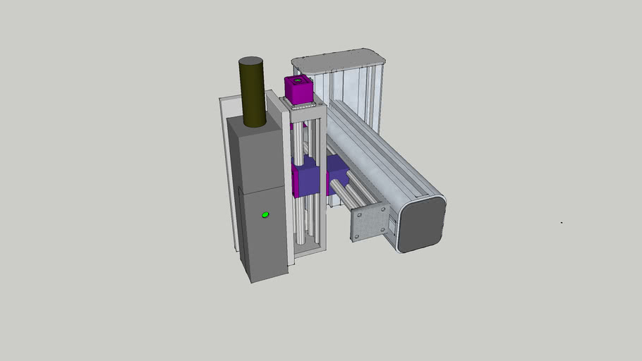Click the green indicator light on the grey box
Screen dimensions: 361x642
265,214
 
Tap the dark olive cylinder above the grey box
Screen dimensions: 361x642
252,95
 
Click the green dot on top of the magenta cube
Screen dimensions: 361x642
298,80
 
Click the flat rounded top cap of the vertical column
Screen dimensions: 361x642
339,61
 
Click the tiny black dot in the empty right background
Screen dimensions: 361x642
562,223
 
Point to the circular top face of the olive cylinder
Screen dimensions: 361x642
250,62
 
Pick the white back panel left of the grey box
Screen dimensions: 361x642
227,169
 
